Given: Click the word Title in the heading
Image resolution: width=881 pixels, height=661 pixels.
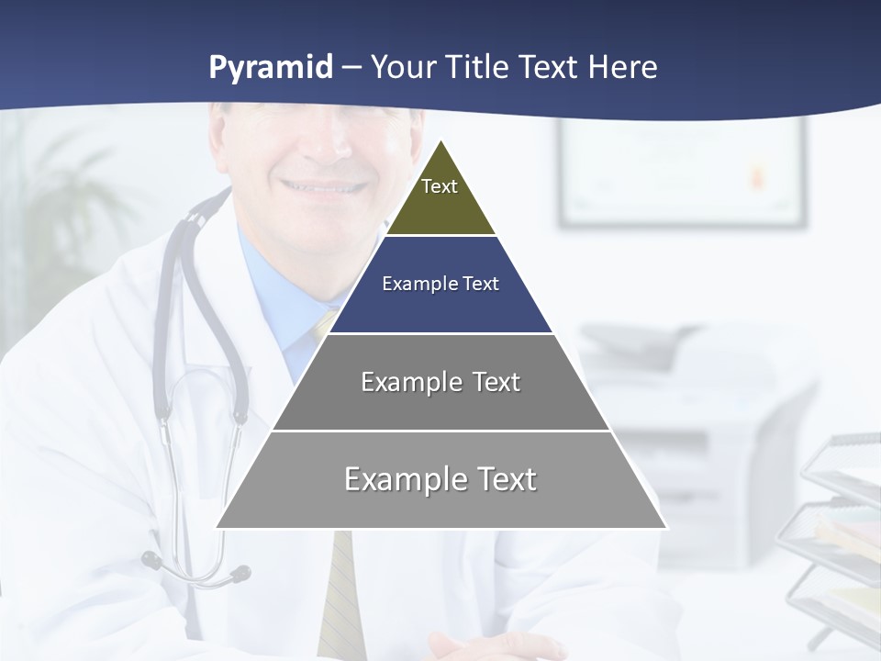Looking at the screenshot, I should point(477,67).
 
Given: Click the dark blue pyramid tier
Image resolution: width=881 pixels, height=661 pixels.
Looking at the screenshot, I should point(440,285).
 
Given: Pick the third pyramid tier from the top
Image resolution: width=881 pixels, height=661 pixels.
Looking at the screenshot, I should point(440,382).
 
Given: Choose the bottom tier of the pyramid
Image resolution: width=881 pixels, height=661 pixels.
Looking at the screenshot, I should point(440,479).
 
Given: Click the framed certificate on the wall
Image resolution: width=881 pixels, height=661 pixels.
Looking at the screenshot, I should point(682,173).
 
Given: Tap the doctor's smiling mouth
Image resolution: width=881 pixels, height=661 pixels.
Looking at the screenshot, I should point(321,186).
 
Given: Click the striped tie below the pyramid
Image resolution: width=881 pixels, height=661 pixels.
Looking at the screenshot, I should point(341,597).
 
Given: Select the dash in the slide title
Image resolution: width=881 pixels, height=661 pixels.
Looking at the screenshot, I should point(351,67).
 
